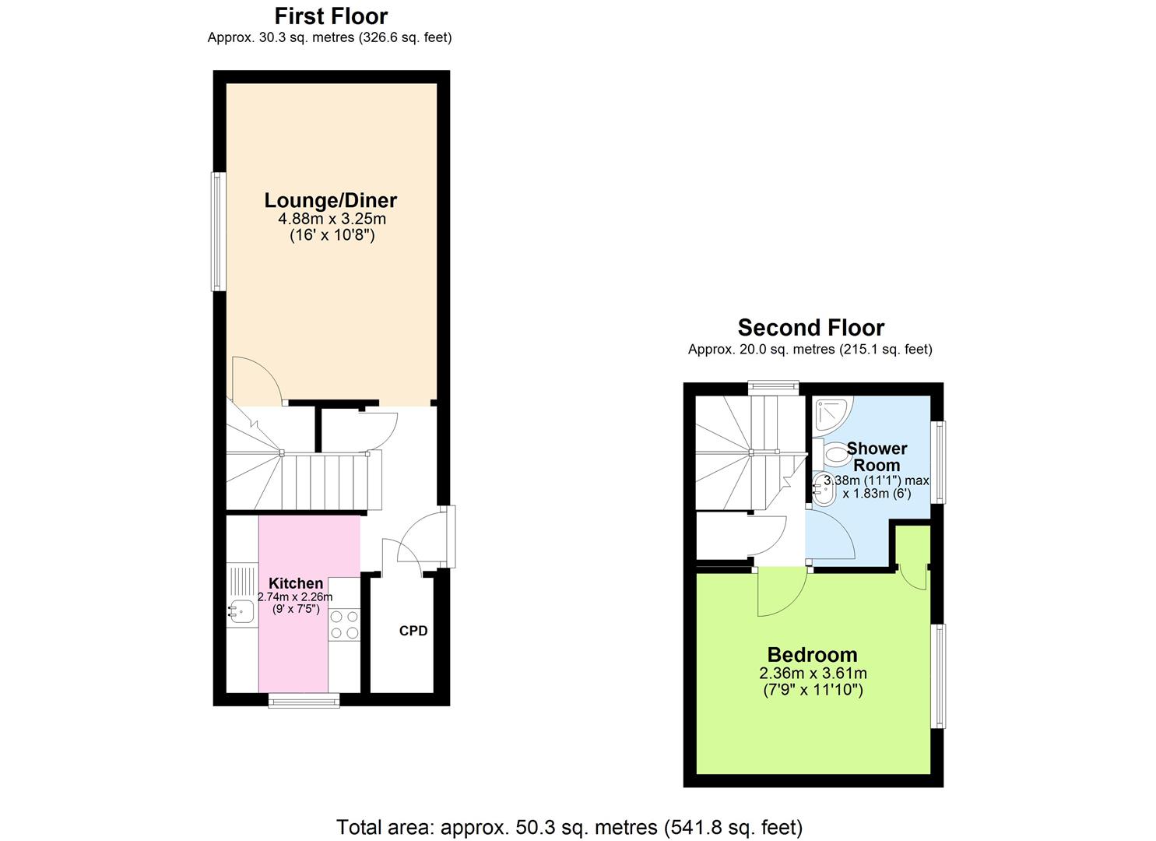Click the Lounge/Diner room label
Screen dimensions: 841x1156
tap(330, 200)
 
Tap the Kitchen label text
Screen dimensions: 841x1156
tap(296, 583)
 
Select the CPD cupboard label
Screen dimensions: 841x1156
tap(413, 631)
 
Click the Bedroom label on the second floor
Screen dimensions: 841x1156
tap(812, 655)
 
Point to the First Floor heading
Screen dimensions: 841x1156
tap(331, 16)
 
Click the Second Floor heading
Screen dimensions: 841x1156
tap(810, 328)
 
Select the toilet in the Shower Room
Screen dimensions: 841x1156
tap(834, 453)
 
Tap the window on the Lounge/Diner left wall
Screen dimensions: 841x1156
tap(219, 231)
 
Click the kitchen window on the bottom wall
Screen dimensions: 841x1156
tap(304, 701)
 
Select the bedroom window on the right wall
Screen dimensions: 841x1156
tap(940, 676)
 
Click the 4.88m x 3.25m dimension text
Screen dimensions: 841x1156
tap(332, 219)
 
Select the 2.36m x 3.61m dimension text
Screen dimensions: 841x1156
tap(813, 674)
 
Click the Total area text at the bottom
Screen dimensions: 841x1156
tap(569, 827)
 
